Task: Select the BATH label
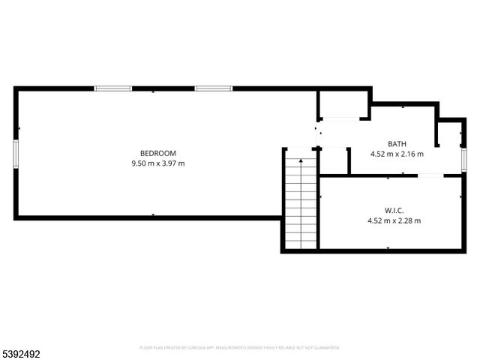397,144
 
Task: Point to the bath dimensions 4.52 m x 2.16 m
397,154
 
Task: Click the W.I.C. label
394,211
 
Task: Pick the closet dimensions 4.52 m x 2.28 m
394,220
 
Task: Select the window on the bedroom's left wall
16,153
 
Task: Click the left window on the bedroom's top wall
112,88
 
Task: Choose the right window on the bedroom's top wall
214,88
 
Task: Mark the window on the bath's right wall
464,158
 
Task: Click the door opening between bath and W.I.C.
430,175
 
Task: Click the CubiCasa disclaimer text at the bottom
240,348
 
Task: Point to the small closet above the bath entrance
342,104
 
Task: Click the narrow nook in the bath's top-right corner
450,133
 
